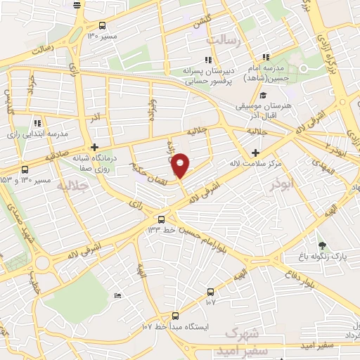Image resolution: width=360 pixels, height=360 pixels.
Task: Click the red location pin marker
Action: pyautogui.click(x=181, y=165)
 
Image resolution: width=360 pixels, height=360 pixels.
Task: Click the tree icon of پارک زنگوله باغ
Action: pyautogui.click(x=323, y=245)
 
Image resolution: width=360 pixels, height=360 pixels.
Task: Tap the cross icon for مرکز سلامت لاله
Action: pyautogui.click(x=255, y=153)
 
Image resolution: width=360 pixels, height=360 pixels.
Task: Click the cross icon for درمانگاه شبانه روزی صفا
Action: pyautogui.click(x=94, y=147)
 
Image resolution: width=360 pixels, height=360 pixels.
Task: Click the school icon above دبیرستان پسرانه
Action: pyautogui.click(x=207, y=60)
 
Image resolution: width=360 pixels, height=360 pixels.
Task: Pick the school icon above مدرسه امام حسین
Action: pyautogui.click(x=265, y=58)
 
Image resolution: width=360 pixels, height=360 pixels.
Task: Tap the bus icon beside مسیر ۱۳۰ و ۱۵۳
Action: pyautogui.click(x=25, y=169)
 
